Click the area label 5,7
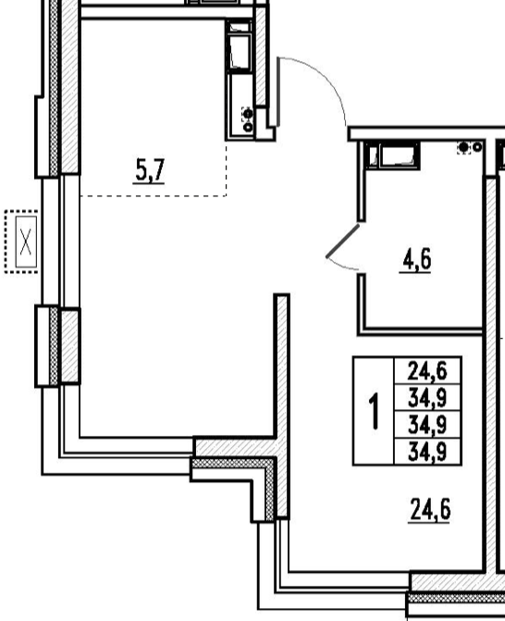(149, 170)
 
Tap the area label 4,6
(416, 260)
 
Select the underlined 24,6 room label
(429, 510)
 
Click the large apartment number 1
(374, 411)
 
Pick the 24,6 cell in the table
(427, 371)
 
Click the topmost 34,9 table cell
(427, 398)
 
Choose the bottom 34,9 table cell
(427, 452)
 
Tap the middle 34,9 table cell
(427, 425)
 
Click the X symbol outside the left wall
(26, 242)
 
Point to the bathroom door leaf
(343, 241)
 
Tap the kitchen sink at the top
(240, 52)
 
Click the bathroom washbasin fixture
(398, 155)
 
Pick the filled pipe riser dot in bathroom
(463, 148)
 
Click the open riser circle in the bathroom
(477, 147)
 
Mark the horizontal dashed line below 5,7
(154, 196)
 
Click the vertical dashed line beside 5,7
(227, 168)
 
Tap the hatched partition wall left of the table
(282, 405)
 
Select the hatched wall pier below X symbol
(69, 346)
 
